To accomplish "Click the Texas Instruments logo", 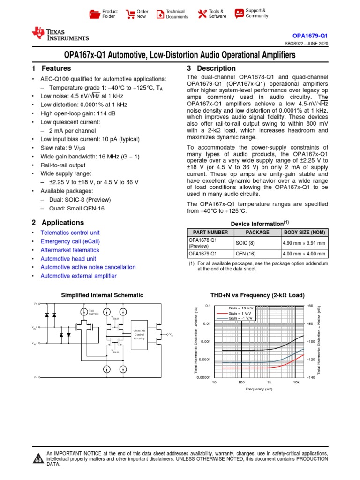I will [60, 34].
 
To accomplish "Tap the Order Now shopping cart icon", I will [130, 14].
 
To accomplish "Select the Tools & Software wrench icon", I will [202, 14].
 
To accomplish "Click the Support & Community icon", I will [239, 13].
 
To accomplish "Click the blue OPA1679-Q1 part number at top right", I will [314, 36].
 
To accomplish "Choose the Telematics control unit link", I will [70, 232].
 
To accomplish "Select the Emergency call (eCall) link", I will [70, 241].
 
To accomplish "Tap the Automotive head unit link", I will [68, 259].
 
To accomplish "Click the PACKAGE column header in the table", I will [257, 232].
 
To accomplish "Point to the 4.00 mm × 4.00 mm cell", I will [304, 254].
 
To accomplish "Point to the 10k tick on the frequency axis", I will [296, 382].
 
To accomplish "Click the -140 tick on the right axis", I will [310, 377].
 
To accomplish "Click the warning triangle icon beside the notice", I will [38, 458].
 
